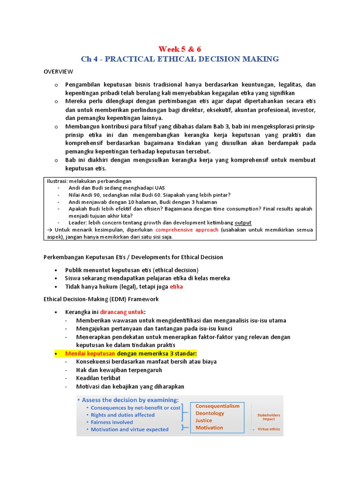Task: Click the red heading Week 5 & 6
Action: coord(180,48)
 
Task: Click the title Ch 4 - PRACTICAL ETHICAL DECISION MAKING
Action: coord(180,59)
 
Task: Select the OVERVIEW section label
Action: coord(59,71)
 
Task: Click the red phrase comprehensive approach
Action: coord(187,230)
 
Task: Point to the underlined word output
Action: coord(243,223)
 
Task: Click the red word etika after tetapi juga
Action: coord(176,286)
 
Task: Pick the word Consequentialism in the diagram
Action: coord(217,406)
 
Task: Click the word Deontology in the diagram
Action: coord(210,413)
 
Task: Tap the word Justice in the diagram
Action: coord(203,420)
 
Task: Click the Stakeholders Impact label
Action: coord(269,417)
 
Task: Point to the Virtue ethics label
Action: coord(269,429)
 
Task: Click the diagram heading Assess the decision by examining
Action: coord(130,400)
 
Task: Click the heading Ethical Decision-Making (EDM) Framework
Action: coord(101,299)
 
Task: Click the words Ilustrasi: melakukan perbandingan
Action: coord(89,181)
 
